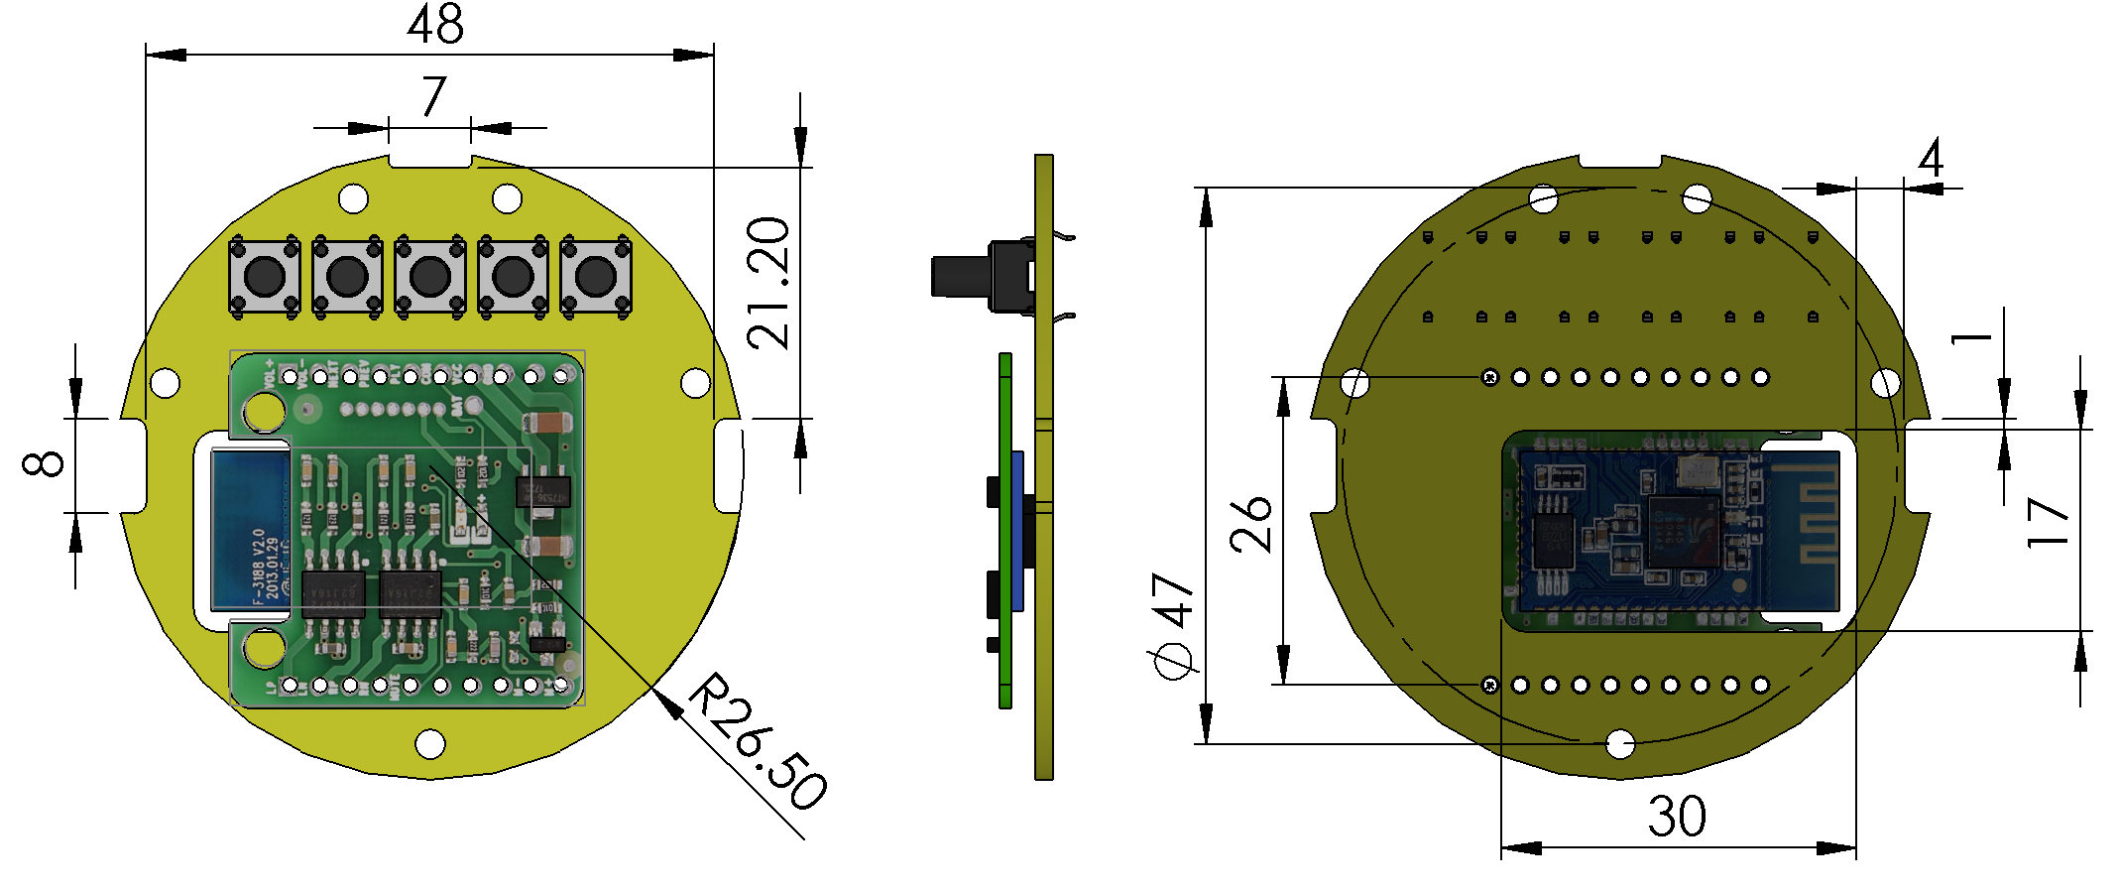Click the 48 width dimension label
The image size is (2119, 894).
(435, 25)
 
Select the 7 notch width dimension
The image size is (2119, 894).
(433, 97)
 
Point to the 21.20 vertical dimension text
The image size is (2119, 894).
(769, 283)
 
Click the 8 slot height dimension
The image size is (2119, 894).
(45, 463)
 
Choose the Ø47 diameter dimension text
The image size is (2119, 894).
(1174, 625)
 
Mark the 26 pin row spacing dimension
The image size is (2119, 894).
(1251, 525)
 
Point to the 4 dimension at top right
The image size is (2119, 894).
(1931, 159)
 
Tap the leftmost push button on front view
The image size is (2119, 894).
(265, 277)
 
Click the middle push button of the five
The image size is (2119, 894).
(430, 277)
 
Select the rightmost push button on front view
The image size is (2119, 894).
(596, 277)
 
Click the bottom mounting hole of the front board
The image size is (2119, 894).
(430, 742)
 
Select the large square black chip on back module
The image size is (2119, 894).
(1683, 532)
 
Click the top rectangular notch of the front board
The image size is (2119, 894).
(429, 160)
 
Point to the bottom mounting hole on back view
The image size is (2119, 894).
(1620, 742)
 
